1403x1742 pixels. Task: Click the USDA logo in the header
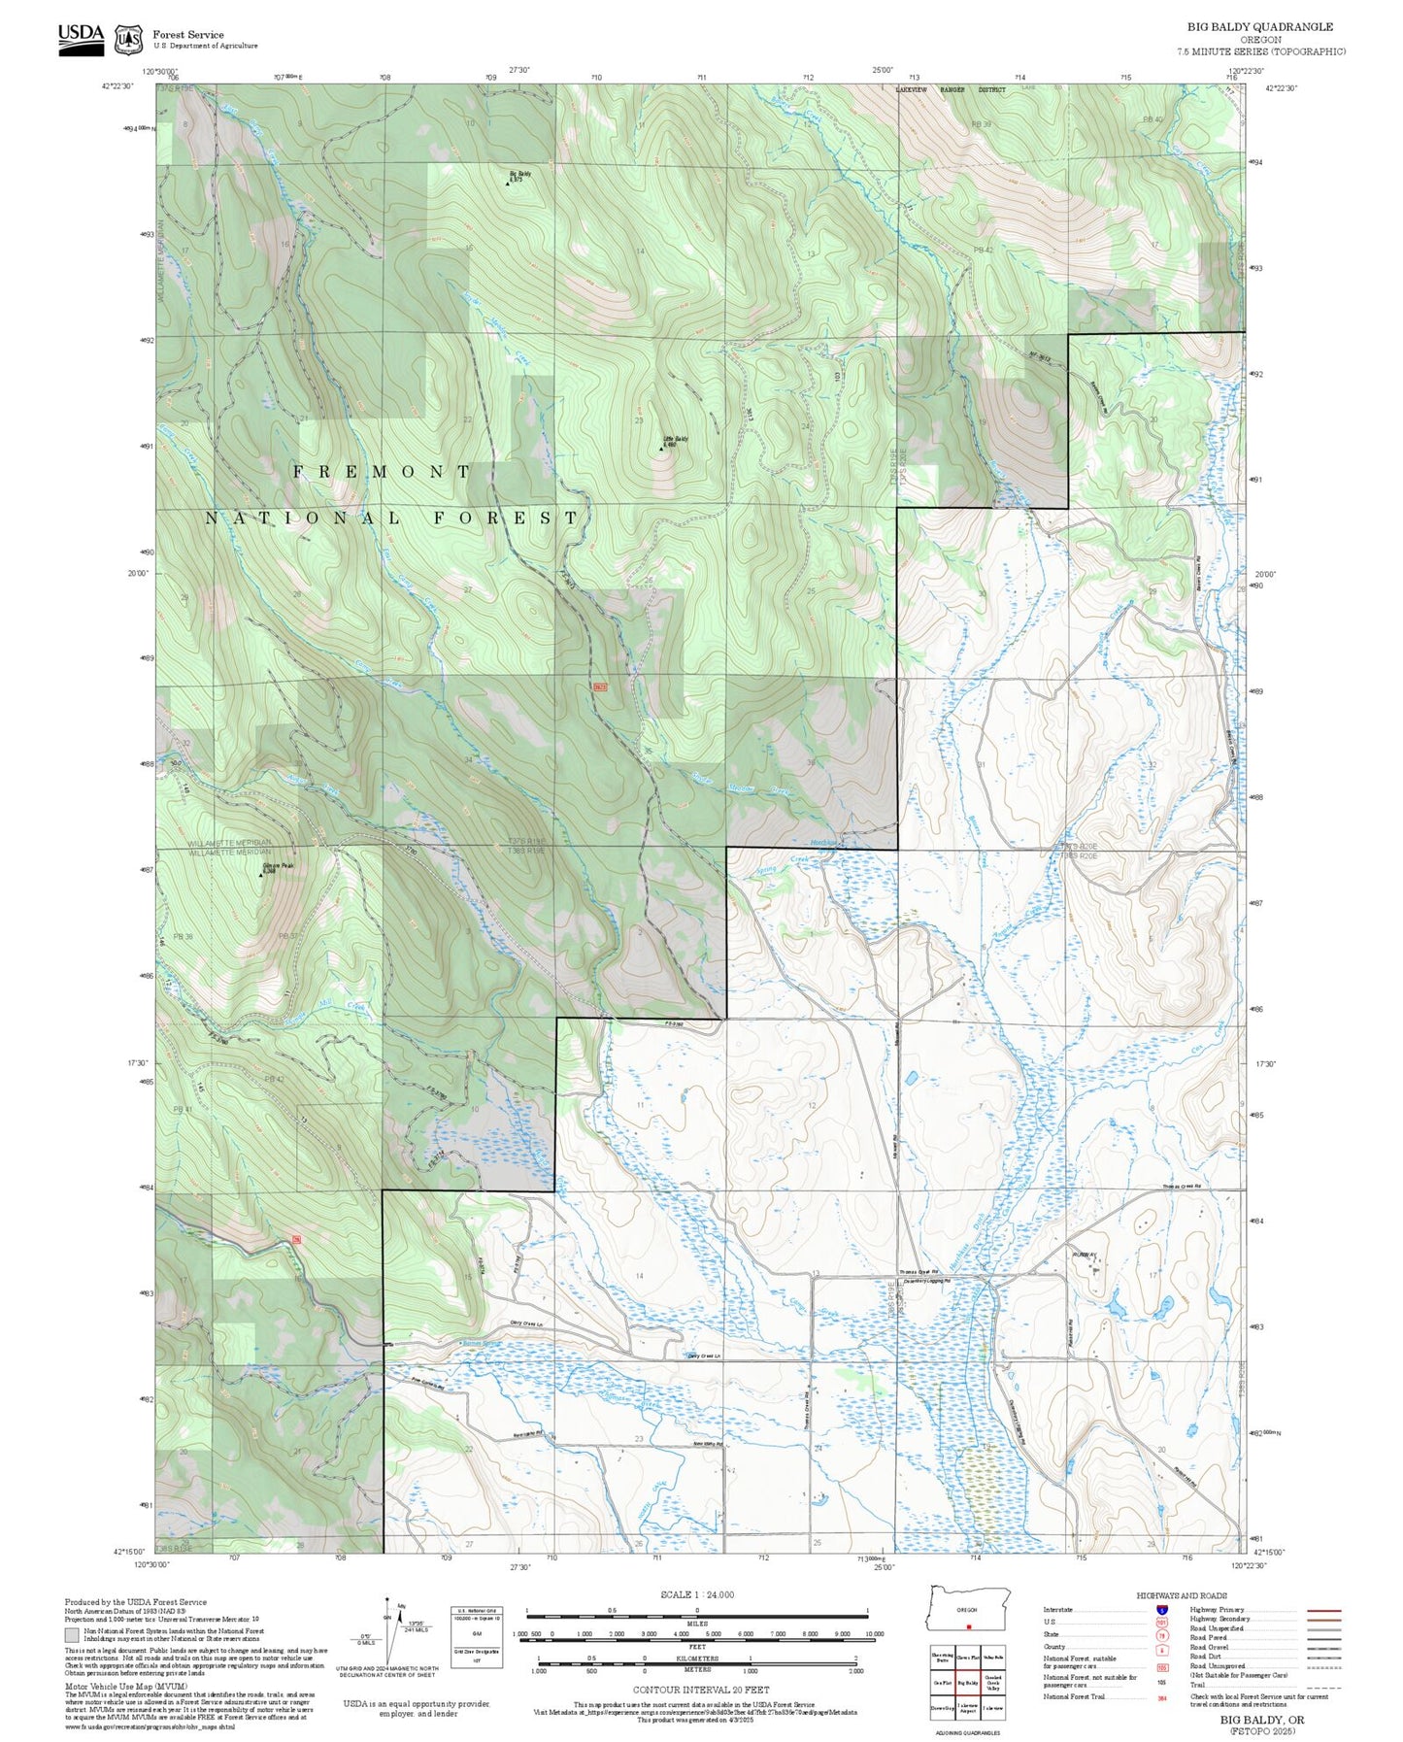click(x=81, y=39)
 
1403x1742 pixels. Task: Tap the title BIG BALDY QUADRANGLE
click(x=1259, y=27)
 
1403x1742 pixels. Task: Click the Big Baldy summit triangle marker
click(x=507, y=182)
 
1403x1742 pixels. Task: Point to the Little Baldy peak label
click(x=676, y=440)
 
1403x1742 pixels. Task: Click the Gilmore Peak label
click(x=277, y=866)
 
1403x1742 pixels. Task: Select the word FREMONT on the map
click(x=382, y=472)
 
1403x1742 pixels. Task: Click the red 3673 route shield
click(x=600, y=687)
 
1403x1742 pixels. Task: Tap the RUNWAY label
click(x=1085, y=1255)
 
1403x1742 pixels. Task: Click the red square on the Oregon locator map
click(x=968, y=1627)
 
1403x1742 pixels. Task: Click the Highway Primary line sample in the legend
click(x=1323, y=1610)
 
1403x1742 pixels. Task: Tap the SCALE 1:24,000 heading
click(x=697, y=1594)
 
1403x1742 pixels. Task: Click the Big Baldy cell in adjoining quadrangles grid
click(x=968, y=1683)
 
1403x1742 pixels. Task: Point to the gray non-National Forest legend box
click(x=72, y=1635)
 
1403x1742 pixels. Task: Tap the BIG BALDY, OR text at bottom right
click(x=1262, y=1720)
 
